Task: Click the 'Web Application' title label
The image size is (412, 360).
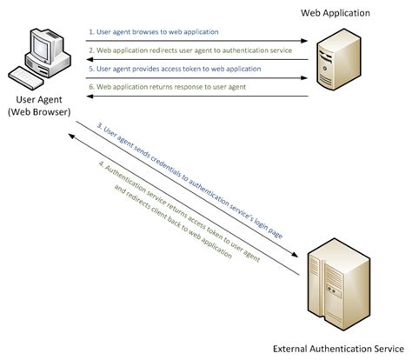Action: coord(336,13)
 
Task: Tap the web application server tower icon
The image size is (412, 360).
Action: coord(339,59)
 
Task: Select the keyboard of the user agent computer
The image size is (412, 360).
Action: coord(25,78)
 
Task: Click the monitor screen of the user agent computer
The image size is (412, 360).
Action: coord(41,49)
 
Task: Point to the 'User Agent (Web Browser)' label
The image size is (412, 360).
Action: coord(39,106)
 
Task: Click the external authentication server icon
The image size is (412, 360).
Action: coord(339,284)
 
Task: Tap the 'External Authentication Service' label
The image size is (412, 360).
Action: coord(338,349)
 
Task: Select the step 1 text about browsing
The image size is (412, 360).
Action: coord(154,32)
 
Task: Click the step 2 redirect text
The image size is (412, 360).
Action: coord(190,50)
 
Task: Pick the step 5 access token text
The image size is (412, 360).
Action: coord(175,69)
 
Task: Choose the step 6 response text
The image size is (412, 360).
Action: coord(167,87)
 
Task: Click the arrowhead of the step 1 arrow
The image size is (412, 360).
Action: coord(304,41)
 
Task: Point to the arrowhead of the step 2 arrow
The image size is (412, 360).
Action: coord(90,59)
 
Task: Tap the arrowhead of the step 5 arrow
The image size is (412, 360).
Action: coord(304,77)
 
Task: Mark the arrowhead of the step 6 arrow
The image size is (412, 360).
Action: coord(90,97)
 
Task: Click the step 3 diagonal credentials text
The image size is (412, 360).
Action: coord(189,181)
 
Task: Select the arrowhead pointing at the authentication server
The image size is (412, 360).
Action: coord(295,254)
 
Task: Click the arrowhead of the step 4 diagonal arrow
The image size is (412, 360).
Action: coord(72,136)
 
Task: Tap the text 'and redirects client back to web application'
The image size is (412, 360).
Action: coord(173,221)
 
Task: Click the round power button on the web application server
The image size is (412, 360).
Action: coord(325,69)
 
